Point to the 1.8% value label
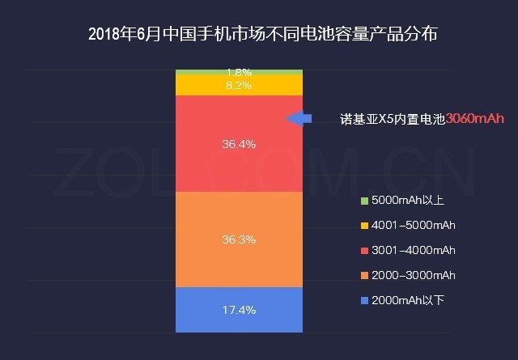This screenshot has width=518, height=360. pyautogui.click(x=239, y=72)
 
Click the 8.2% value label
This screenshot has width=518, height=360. pyautogui.click(x=239, y=85)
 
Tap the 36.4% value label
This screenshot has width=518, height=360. pyautogui.click(x=239, y=145)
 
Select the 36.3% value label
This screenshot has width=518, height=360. pyautogui.click(x=239, y=239)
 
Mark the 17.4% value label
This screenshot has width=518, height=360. pyautogui.click(x=239, y=310)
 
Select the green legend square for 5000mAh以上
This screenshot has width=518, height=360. pyautogui.click(x=365, y=200)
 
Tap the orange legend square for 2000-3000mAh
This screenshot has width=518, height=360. pyautogui.click(x=365, y=275)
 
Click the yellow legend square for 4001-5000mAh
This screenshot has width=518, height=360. pyautogui.click(x=365, y=225)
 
